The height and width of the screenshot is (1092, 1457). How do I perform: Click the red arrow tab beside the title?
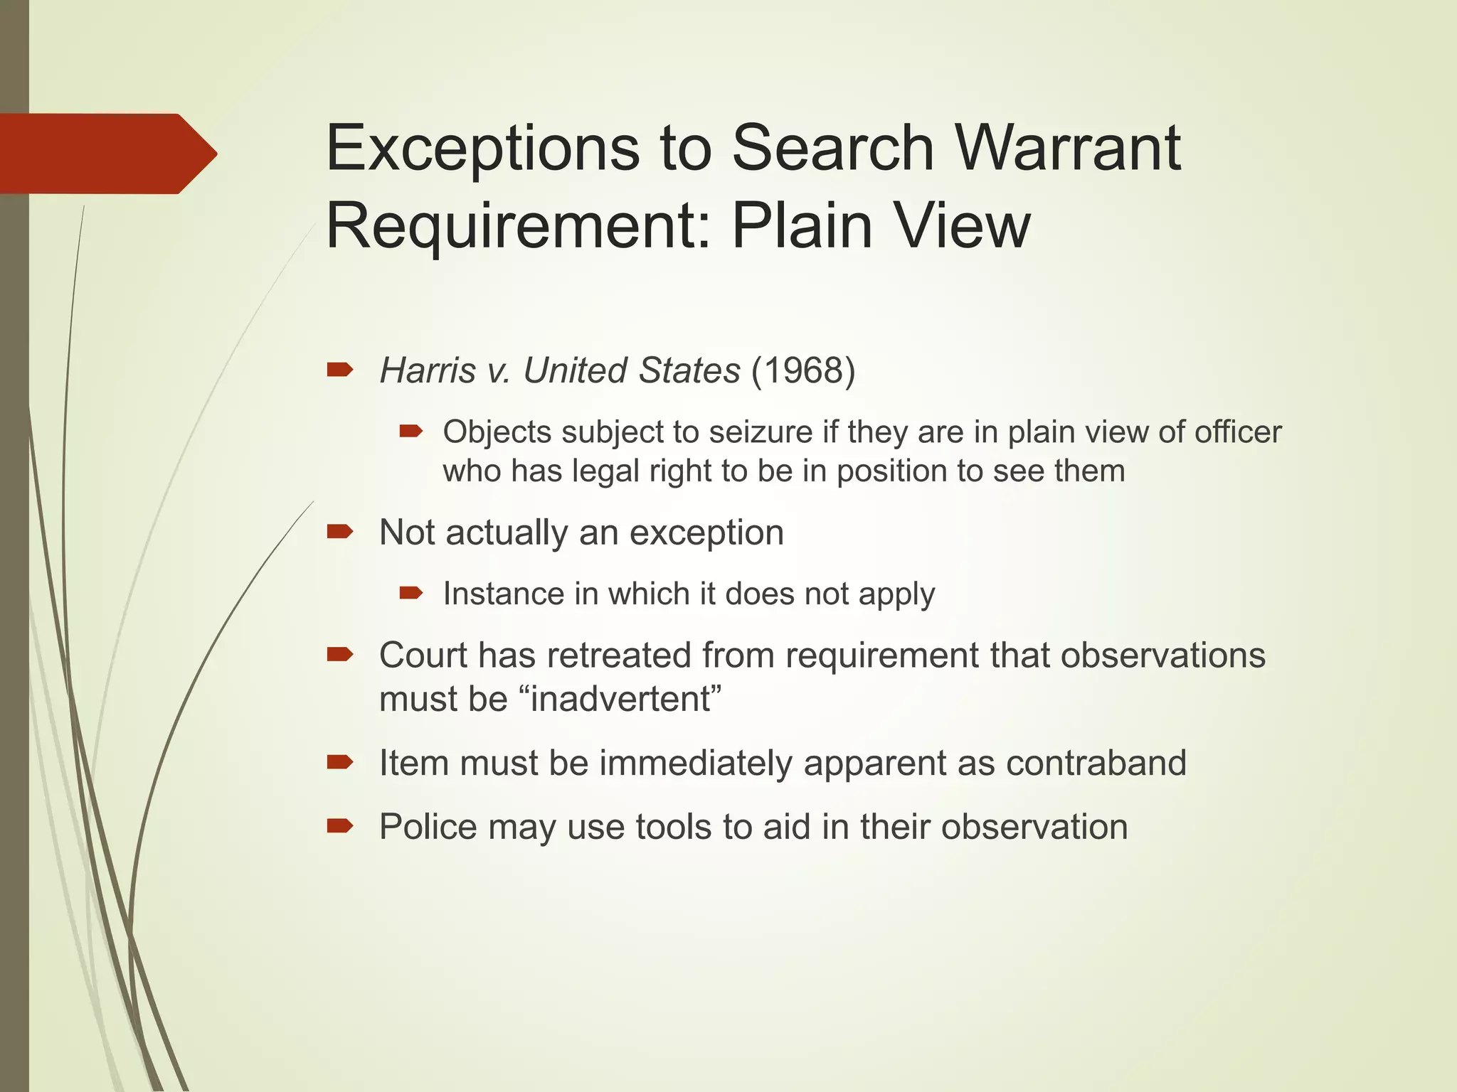(x=107, y=154)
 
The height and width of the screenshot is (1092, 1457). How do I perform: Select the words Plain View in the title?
(x=881, y=225)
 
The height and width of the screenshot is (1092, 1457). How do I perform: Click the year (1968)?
(x=803, y=370)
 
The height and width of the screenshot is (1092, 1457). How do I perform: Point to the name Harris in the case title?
(x=428, y=370)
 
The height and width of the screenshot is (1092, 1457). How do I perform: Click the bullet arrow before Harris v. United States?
(x=340, y=370)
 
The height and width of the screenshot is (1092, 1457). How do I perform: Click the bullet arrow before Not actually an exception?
(x=340, y=532)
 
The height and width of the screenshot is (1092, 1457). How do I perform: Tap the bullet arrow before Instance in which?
(x=411, y=593)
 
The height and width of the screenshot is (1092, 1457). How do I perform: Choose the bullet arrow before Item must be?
(x=340, y=763)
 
